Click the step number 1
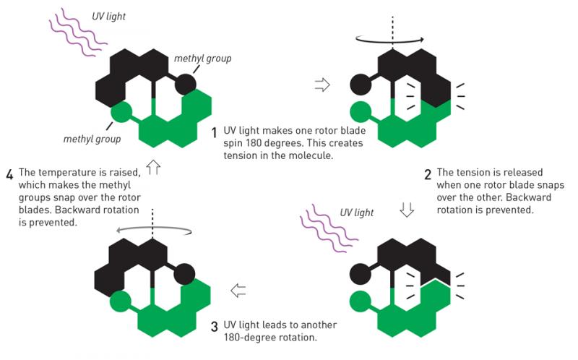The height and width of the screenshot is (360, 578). pyautogui.click(x=214, y=133)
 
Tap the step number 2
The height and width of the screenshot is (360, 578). pyautogui.click(x=428, y=174)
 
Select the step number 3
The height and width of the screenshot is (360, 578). pyautogui.click(x=215, y=327)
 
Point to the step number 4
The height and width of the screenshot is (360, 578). pyautogui.click(x=9, y=174)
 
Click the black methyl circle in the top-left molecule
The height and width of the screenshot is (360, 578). pyautogui.click(x=185, y=85)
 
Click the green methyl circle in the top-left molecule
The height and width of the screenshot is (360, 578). pyautogui.click(x=121, y=112)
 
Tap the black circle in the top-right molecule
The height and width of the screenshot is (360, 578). pyautogui.click(x=361, y=85)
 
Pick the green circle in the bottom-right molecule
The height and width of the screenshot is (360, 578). pyautogui.click(x=360, y=301)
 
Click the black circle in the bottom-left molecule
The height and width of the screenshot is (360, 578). pyautogui.click(x=184, y=275)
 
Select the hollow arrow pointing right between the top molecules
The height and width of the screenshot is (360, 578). pyautogui.click(x=322, y=85)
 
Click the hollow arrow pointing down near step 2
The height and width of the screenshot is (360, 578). pyautogui.click(x=407, y=209)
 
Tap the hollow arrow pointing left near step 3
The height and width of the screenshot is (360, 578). pyautogui.click(x=238, y=291)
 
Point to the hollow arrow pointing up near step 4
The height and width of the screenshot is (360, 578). pyautogui.click(x=153, y=167)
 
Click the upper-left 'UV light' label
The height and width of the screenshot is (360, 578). pyautogui.click(x=109, y=17)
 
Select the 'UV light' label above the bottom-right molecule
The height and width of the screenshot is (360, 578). pyautogui.click(x=357, y=213)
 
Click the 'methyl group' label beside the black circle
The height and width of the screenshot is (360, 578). pyautogui.click(x=203, y=59)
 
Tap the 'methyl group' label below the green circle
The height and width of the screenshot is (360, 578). pyautogui.click(x=92, y=140)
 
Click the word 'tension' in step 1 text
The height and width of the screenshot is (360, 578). pyautogui.click(x=240, y=155)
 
